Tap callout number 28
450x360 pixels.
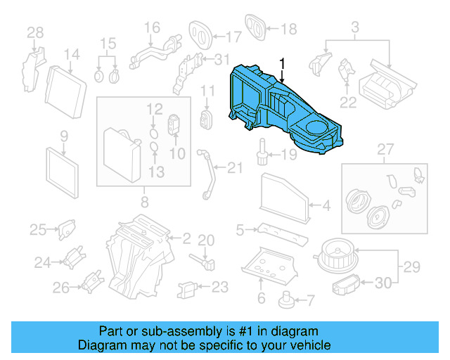(x=35, y=32)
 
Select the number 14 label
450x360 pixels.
(x=72, y=54)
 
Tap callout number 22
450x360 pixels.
(x=349, y=102)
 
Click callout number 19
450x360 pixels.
(x=289, y=155)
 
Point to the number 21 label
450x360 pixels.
(x=234, y=167)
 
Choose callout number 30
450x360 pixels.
(x=382, y=283)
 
